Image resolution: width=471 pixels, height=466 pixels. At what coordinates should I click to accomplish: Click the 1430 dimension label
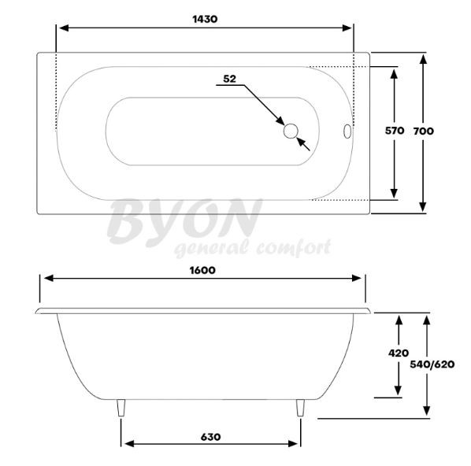tap(205, 19)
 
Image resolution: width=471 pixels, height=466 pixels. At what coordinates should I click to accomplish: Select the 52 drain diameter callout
tap(229, 79)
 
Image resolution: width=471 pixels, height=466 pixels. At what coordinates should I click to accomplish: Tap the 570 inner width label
tap(395, 131)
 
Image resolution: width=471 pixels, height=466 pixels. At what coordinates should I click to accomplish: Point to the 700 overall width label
tap(423, 131)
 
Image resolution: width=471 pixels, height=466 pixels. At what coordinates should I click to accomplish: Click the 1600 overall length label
tap(202, 270)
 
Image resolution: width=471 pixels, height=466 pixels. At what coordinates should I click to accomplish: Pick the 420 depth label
tap(399, 353)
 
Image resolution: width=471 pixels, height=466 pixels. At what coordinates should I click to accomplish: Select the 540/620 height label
tap(432, 364)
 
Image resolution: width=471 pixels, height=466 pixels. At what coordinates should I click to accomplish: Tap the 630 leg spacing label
tap(210, 437)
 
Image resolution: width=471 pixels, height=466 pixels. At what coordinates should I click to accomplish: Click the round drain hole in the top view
tap(291, 131)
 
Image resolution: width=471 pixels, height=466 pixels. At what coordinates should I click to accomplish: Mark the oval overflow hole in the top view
tap(347, 131)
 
